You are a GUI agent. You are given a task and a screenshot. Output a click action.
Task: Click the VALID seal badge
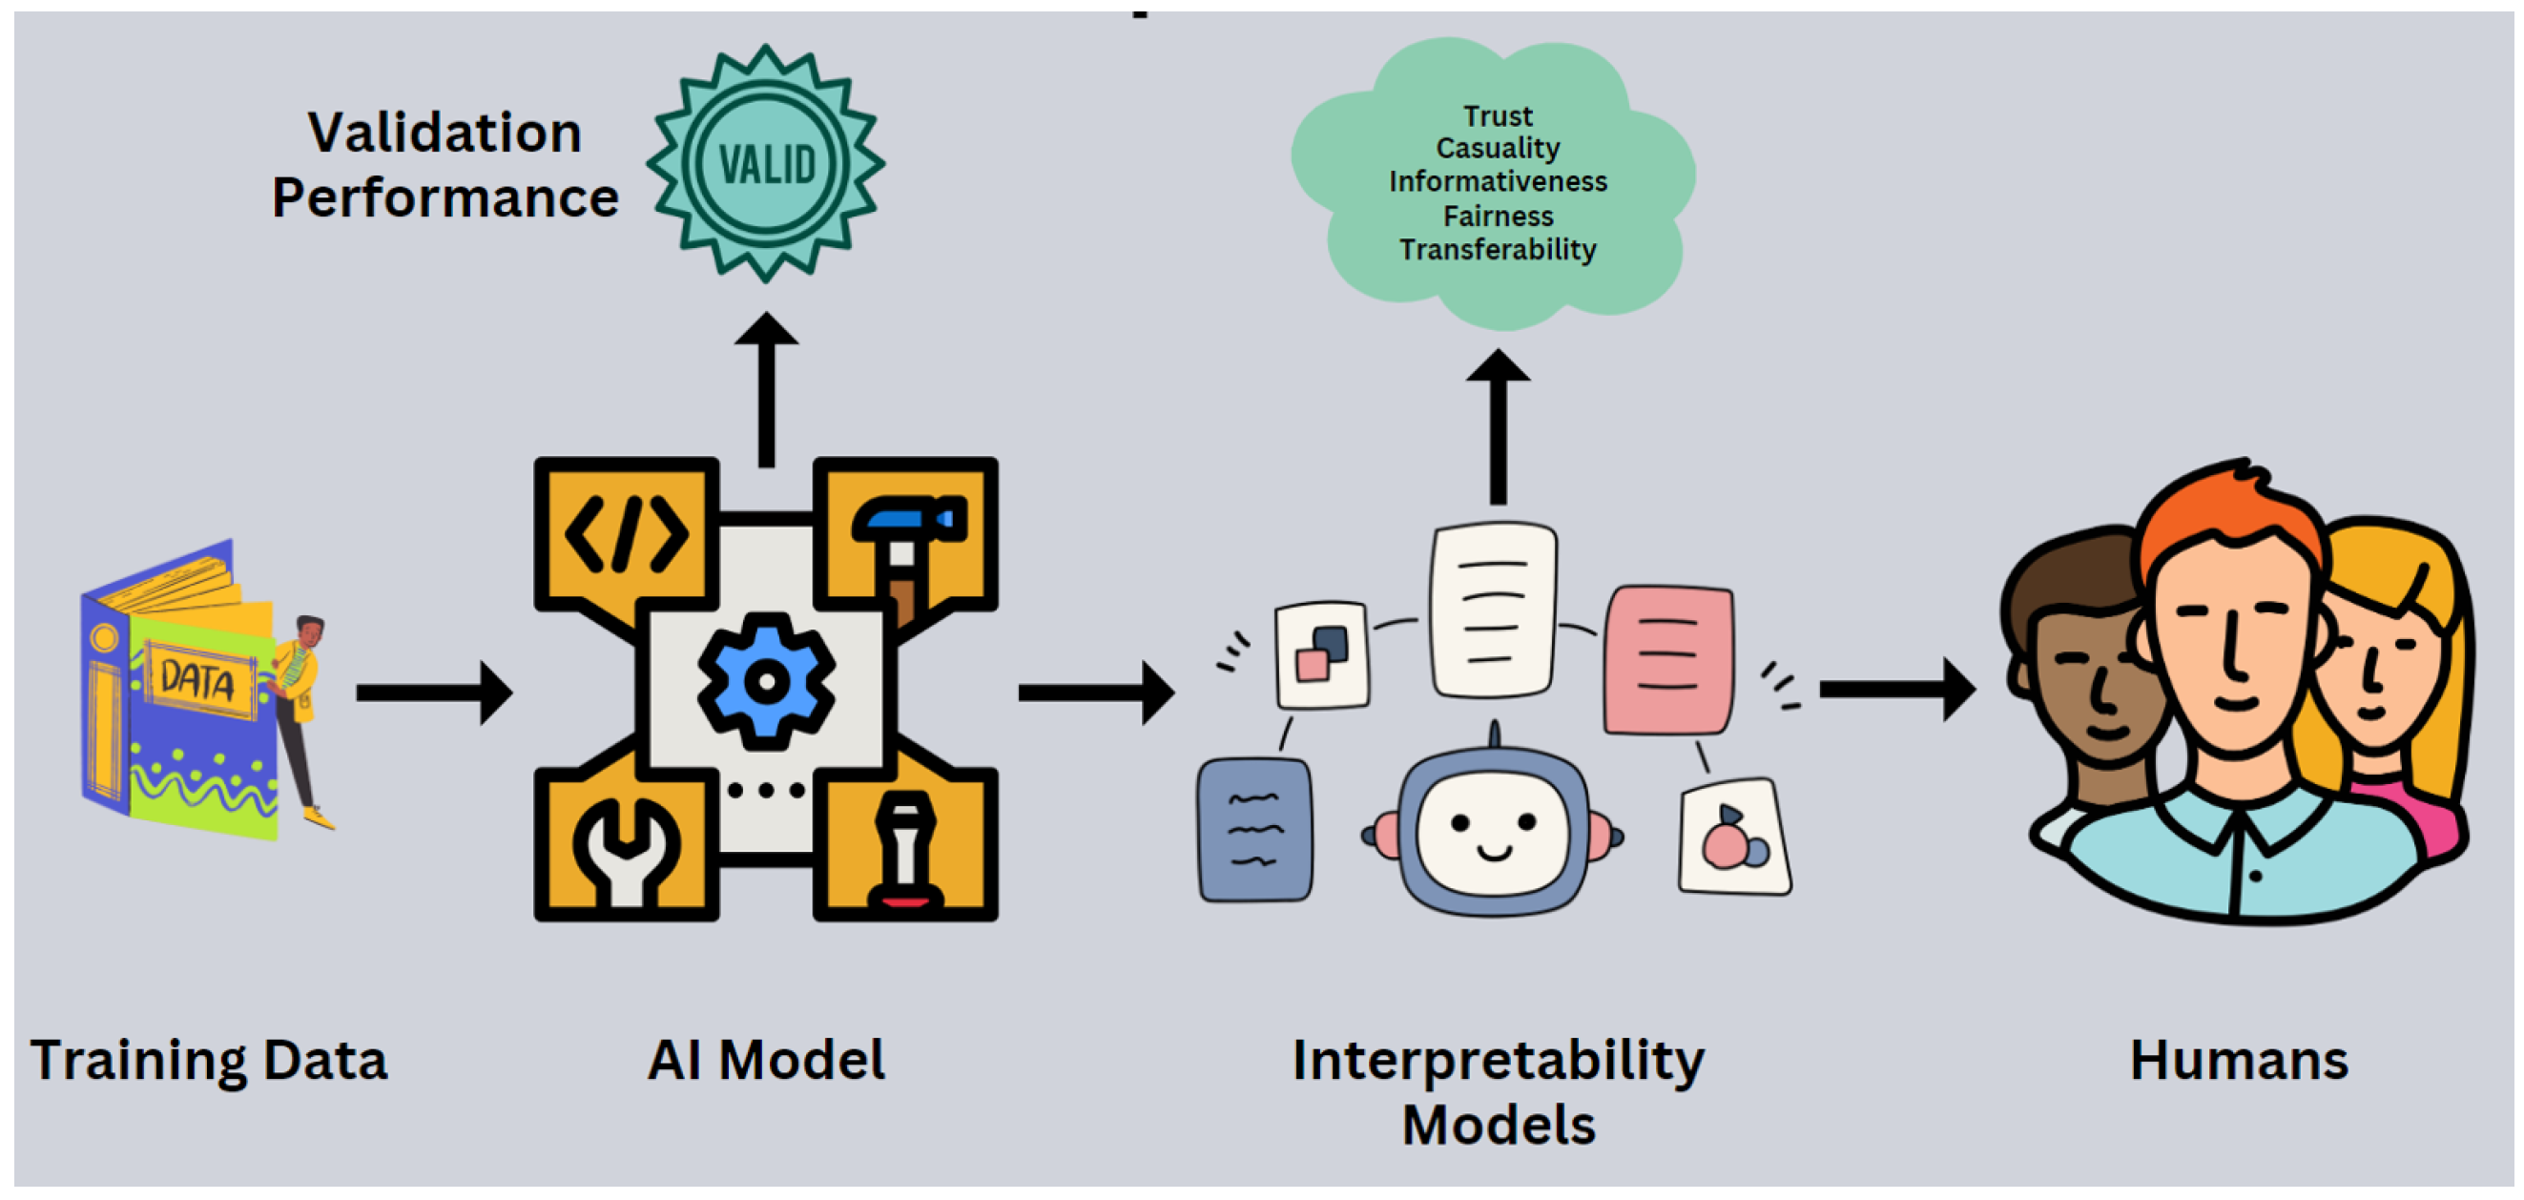coord(765,163)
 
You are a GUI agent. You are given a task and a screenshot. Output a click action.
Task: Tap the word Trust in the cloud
coord(1498,115)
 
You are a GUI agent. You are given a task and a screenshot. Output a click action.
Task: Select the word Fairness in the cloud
coord(1498,216)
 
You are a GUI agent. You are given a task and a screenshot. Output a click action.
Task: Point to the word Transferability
coord(1498,250)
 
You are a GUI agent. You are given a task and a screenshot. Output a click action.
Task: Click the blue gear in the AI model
coord(766,681)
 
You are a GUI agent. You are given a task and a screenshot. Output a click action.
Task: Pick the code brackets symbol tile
coord(625,534)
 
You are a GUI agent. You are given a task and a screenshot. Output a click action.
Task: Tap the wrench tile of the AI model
coord(625,844)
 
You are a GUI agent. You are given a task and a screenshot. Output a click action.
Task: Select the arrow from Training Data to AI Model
coord(433,693)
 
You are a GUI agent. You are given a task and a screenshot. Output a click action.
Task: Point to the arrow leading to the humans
coord(1896,690)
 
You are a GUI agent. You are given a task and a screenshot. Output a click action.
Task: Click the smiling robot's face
coord(1493,833)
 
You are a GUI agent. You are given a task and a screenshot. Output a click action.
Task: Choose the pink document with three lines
coord(1667,659)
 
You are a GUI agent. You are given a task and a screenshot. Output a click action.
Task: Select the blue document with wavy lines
coord(1255,830)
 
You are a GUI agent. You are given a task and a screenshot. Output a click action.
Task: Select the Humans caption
coord(2239,1060)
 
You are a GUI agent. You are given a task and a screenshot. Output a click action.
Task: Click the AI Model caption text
coord(766,1060)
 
